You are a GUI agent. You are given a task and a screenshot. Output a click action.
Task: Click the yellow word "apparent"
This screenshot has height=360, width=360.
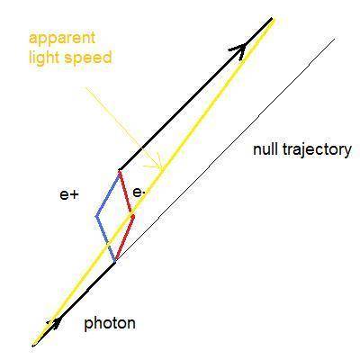(62, 39)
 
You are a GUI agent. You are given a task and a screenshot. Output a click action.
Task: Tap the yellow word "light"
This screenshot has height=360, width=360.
(44, 57)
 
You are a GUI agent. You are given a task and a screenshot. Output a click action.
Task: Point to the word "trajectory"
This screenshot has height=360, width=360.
(316, 150)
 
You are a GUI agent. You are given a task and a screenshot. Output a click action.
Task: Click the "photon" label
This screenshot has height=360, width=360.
(110, 324)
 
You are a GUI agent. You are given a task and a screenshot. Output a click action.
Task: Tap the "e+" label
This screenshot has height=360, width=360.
(69, 195)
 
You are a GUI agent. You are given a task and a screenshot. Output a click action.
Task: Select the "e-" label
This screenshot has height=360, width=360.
(138, 193)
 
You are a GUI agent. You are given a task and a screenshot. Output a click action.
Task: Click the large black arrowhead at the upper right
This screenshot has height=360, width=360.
(239, 49)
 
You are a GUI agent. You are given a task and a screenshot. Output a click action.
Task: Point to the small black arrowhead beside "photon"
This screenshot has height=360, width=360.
(57, 323)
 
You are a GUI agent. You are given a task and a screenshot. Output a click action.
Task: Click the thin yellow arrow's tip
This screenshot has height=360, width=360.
(161, 168)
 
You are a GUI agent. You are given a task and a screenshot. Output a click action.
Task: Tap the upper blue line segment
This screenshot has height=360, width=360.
(107, 193)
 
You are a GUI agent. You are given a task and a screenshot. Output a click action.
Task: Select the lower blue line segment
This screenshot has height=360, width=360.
(105, 239)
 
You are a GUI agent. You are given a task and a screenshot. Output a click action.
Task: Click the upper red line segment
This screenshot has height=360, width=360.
(126, 193)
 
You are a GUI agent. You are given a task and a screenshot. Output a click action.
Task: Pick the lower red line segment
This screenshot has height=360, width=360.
(125, 238)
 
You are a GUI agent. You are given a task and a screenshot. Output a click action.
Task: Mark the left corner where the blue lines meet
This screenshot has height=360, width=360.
(96, 216)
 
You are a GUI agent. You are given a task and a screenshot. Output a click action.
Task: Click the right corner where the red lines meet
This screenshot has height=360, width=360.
(133, 215)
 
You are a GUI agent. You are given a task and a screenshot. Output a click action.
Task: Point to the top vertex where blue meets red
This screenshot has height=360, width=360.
(120, 171)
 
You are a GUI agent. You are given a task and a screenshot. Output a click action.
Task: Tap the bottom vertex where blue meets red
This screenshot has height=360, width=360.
(115, 262)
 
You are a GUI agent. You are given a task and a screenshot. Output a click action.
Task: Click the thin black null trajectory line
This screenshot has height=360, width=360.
(225, 150)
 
